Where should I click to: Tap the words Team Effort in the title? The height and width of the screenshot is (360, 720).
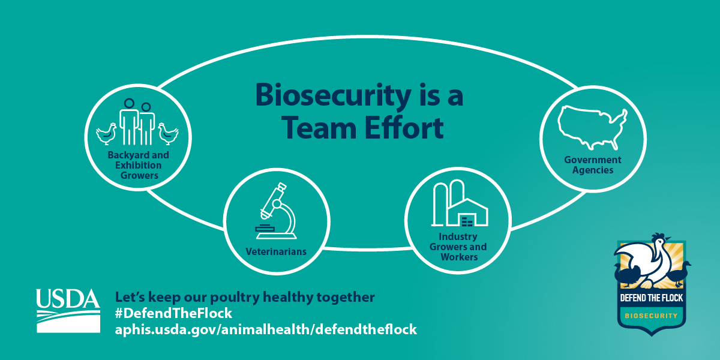[x=362, y=128]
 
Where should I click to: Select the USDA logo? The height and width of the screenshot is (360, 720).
[x=68, y=311]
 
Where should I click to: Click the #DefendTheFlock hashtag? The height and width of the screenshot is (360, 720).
[x=173, y=313]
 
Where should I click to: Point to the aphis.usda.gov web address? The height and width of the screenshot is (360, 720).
[x=266, y=329]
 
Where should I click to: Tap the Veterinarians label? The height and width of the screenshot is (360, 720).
[x=276, y=251]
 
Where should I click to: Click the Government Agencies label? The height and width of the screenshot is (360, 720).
[x=593, y=165]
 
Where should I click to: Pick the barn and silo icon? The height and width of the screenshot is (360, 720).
[x=460, y=203]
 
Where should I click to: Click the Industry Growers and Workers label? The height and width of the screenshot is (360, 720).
[x=458, y=247]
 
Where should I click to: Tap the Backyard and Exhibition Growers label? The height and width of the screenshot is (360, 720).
[x=139, y=165]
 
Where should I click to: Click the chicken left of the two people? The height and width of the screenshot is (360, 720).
[x=106, y=134]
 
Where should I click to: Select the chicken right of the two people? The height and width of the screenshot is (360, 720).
[x=168, y=134]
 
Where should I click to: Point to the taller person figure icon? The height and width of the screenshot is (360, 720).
[x=129, y=122]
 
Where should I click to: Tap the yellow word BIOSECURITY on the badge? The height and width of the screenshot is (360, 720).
[x=651, y=316]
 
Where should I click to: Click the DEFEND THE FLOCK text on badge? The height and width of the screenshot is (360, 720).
[x=651, y=298]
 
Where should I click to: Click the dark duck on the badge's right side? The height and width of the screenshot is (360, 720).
[x=679, y=274]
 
